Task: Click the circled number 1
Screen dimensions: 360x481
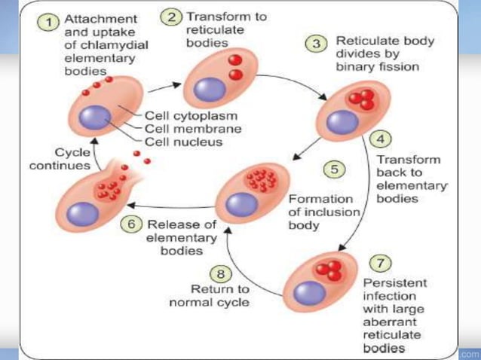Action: point(51,23)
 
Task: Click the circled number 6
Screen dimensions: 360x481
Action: point(133,224)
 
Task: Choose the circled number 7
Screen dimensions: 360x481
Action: point(381,263)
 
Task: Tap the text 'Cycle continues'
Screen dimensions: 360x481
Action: point(60,158)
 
